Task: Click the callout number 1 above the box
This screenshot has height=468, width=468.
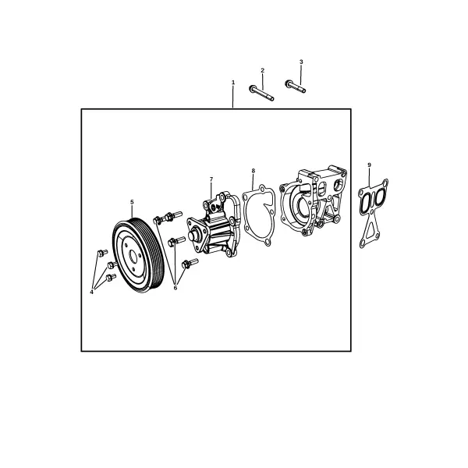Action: coord(233,82)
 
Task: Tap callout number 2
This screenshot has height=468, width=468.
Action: coord(262,70)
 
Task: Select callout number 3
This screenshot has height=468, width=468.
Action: coord(301,62)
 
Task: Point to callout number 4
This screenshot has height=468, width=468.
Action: coord(91,292)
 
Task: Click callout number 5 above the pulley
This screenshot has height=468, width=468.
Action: coord(132,202)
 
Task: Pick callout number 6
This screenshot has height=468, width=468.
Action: coord(175,288)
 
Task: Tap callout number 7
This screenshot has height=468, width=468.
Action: coord(211,179)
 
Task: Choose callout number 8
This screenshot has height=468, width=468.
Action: coord(253,171)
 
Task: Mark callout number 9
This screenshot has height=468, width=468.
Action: coord(370,165)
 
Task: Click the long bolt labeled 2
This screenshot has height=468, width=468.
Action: coord(261,93)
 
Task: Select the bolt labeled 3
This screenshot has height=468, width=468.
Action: coord(295,87)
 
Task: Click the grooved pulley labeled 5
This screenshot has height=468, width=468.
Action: coord(138,255)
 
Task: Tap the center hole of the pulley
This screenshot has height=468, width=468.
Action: coord(133,257)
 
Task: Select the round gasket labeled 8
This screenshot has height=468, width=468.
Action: coord(258,215)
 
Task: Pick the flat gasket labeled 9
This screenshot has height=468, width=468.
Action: coord(373,212)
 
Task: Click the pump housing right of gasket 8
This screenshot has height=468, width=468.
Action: coord(313,200)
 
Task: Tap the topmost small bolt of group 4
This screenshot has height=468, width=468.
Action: coord(102,253)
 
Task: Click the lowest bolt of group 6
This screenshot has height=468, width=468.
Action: coord(190,264)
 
